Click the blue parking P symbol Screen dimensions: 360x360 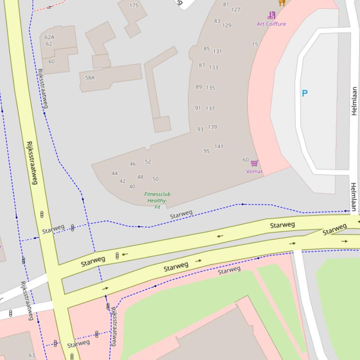305,94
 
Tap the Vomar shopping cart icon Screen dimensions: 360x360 255,163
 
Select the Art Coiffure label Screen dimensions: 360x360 271,24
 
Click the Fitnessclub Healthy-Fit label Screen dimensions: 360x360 157,200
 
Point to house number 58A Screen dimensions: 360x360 89,78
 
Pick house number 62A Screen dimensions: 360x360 49,37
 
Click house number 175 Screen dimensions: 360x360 134,6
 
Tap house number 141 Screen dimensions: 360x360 219,146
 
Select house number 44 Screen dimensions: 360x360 115,173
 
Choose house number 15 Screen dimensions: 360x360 255,44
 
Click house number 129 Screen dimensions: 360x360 227,25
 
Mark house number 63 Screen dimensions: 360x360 31,355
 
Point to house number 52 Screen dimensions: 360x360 148,162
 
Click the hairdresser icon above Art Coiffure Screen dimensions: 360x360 272,15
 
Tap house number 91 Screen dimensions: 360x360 198,108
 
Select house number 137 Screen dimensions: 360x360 210,108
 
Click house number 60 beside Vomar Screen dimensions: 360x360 245,160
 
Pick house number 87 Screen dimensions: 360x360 202,65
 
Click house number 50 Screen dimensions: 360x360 155,179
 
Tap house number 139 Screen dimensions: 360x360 213,127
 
